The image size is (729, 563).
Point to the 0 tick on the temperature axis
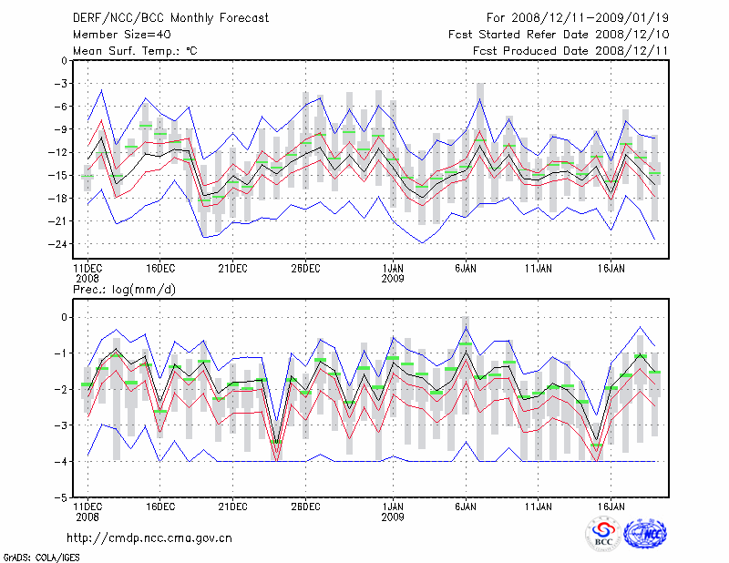64,61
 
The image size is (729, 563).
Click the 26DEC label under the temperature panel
305,268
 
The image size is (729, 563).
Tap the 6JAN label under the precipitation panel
466,506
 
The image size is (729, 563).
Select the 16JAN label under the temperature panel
611,268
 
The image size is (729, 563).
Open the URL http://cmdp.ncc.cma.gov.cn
150,537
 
